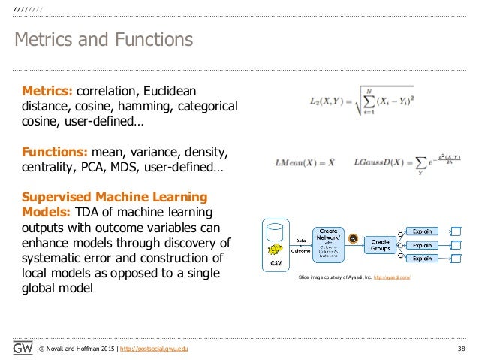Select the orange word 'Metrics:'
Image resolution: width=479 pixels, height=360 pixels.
coord(47,91)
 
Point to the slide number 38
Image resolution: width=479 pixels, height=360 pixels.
coord(459,349)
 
